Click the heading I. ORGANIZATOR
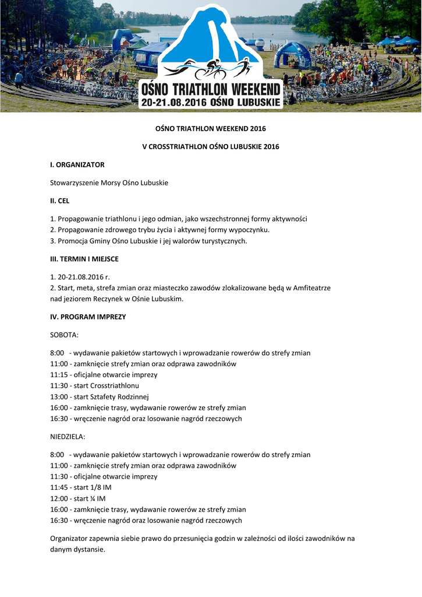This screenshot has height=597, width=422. coord(77,165)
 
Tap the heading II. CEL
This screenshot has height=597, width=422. coord(60,201)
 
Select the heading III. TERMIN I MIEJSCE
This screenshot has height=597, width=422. coord(84,259)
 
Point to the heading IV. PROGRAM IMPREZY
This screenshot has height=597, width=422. coord(88,317)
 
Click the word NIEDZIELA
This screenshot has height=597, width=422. coord(68,437)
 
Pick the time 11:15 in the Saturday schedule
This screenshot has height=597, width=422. coord(59,375)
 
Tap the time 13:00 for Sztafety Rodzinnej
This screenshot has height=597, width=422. coord(59,397)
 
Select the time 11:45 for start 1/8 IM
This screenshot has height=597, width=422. coord(59,487)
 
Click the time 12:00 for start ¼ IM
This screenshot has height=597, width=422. coord(59,498)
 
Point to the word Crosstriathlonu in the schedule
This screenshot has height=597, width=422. coord(115,386)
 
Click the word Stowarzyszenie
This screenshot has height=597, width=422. coord(75,183)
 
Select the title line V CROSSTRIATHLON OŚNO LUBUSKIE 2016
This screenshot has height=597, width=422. coord(211,146)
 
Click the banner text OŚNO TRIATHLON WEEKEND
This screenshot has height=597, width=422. coord(211,91)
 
